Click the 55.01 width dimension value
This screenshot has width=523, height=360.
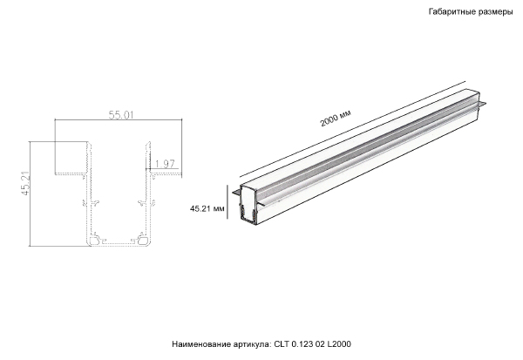point(120,115)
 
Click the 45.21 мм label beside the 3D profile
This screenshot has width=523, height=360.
point(207,208)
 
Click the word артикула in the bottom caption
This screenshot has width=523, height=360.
point(253,344)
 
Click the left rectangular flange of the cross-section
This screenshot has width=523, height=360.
point(71,160)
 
